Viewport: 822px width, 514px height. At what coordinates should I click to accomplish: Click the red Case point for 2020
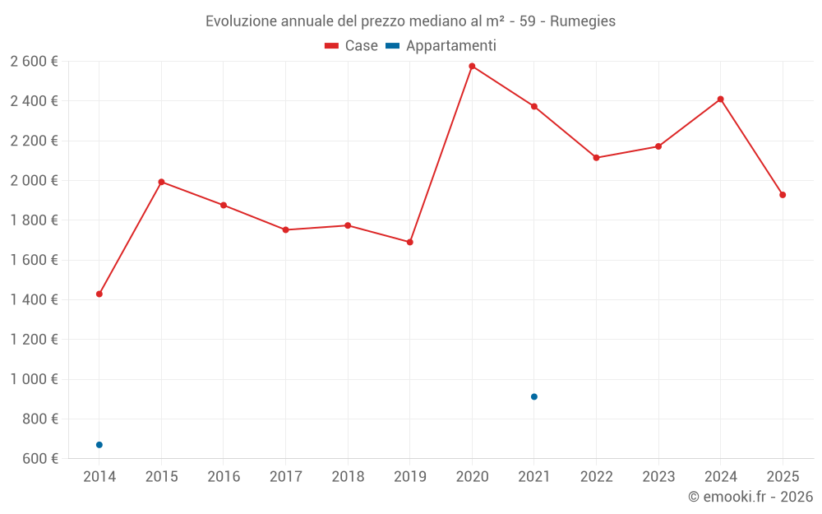pyautogui.click(x=472, y=66)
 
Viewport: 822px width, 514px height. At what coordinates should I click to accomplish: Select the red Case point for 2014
pyautogui.click(x=99, y=294)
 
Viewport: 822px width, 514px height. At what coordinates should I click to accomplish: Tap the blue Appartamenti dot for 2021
pyautogui.click(x=534, y=396)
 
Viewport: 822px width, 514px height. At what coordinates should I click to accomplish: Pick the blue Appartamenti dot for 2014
pyautogui.click(x=99, y=445)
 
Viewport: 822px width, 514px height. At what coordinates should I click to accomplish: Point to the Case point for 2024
pyautogui.click(x=720, y=100)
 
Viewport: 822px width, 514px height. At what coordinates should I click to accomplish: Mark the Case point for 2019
pyautogui.click(x=409, y=242)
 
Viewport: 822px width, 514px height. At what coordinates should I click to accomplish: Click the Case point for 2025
pyautogui.click(x=783, y=195)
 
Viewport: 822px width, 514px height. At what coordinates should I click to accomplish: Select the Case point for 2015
pyautogui.click(x=161, y=182)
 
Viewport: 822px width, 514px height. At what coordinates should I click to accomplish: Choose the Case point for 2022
pyautogui.click(x=596, y=158)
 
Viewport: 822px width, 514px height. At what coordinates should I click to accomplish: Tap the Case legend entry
pyautogui.click(x=352, y=46)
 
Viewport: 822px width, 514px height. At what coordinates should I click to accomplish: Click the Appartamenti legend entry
pyautogui.click(x=441, y=46)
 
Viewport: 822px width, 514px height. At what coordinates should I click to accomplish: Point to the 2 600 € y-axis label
pyautogui.click(x=34, y=61)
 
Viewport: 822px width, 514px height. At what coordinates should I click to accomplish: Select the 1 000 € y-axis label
pyautogui.click(x=34, y=379)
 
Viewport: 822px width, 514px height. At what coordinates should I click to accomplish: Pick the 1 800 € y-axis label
pyautogui.click(x=34, y=220)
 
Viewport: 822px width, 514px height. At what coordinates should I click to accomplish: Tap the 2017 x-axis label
pyautogui.click(x=285, y=476)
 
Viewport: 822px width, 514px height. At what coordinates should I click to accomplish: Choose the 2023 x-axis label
pyautogui.click(x=658, y=476)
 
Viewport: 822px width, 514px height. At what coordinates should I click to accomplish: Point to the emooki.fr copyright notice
pyautogui.click(x=750, y=497)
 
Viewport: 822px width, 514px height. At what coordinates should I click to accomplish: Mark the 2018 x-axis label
pyautogui.click(x=348, y=476)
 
